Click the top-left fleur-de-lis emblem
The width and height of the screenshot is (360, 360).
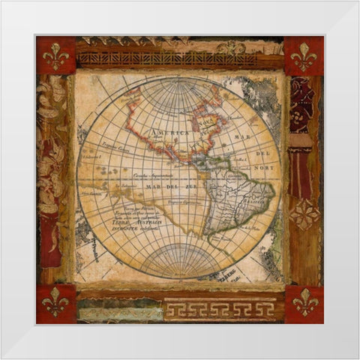(55, 55)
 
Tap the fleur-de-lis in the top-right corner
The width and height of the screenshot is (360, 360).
(304, 55)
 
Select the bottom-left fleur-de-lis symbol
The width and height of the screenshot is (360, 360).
(55, 304)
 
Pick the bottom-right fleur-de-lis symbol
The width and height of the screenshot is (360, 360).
(304, 304)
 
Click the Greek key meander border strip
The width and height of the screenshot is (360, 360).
(219, 310)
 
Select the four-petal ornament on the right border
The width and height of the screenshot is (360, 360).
(304, 214)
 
